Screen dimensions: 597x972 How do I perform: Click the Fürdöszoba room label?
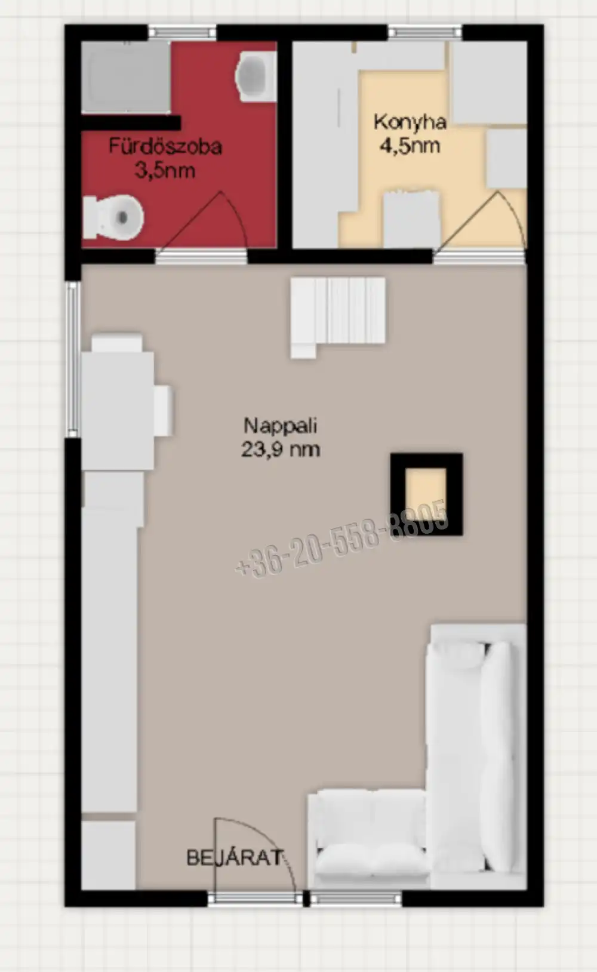[x=165, y=146]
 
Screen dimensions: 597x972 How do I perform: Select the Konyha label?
[x=410, y=122]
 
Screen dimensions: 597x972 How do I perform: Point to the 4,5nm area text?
[x=410, y=145]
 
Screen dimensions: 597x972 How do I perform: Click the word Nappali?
[x=281, y=425]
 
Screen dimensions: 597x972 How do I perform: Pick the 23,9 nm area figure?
[x=281, y=449]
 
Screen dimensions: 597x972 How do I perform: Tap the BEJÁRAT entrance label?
[x=235, y=857]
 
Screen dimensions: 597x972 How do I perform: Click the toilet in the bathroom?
[x=113, y=217]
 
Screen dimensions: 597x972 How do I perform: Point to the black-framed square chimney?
[x=426, y=494]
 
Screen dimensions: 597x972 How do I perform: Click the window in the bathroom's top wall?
[x=182, y=33]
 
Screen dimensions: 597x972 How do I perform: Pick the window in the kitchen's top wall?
[x=425, y=33]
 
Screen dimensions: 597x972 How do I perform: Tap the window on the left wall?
[x=73, y=359]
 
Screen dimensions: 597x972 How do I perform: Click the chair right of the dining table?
[x=164, y=410]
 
